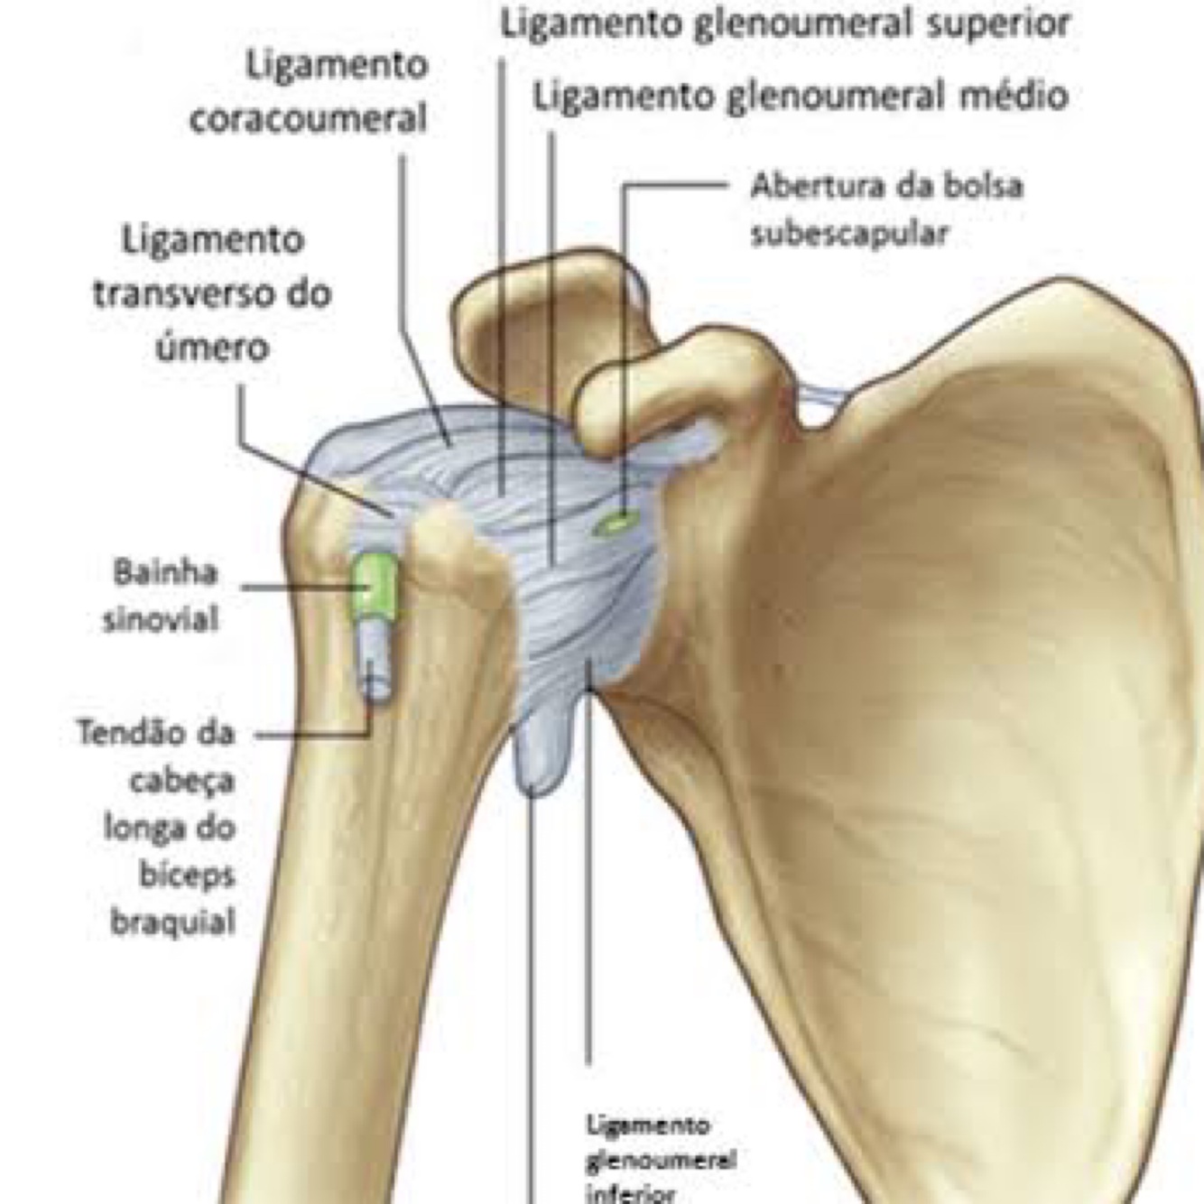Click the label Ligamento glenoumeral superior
(784, 23)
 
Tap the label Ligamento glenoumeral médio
(800, 95)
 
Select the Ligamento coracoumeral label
(308, 92)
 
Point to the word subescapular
(849, 234)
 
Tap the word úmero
(213, 346)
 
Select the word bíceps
(188, 874)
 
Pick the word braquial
(172, 922)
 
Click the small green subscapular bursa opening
(614, 523)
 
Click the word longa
(169, 827)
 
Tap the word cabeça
(181, 779)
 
